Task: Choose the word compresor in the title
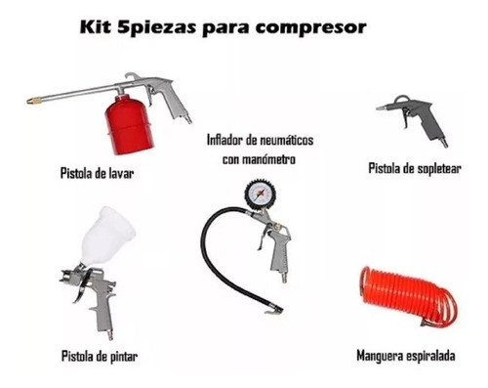point(309,27)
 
